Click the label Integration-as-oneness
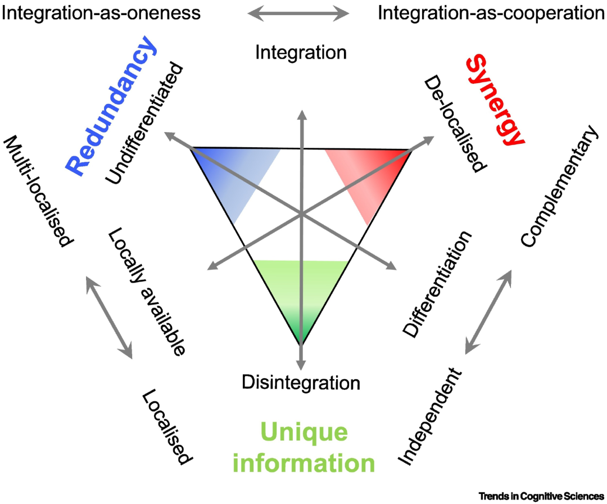tap(101, 13)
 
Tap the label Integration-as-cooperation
tap(491, 13)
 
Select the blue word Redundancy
tap(111, 105)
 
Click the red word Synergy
tap(496, 100)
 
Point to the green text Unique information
tap(304, 447)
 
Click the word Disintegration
tap(301, 383)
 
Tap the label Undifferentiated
tap(144, 123)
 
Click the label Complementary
tap(559, 186)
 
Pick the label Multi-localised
tap(38, 191)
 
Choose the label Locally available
tap(146, 291)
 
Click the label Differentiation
tap(437, 284)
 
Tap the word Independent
tap(430, 417)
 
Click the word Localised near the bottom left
tap(167, 427)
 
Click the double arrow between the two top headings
tap(298, 14)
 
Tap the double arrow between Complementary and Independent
tap(488, 312)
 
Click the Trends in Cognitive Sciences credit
tap(542, 496)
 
